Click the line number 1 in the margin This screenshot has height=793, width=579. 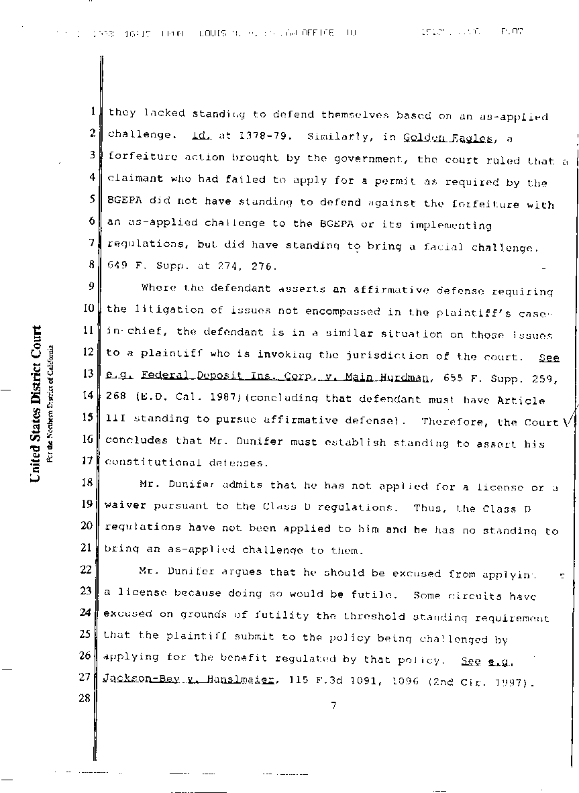92,113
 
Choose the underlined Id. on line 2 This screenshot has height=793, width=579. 201,136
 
